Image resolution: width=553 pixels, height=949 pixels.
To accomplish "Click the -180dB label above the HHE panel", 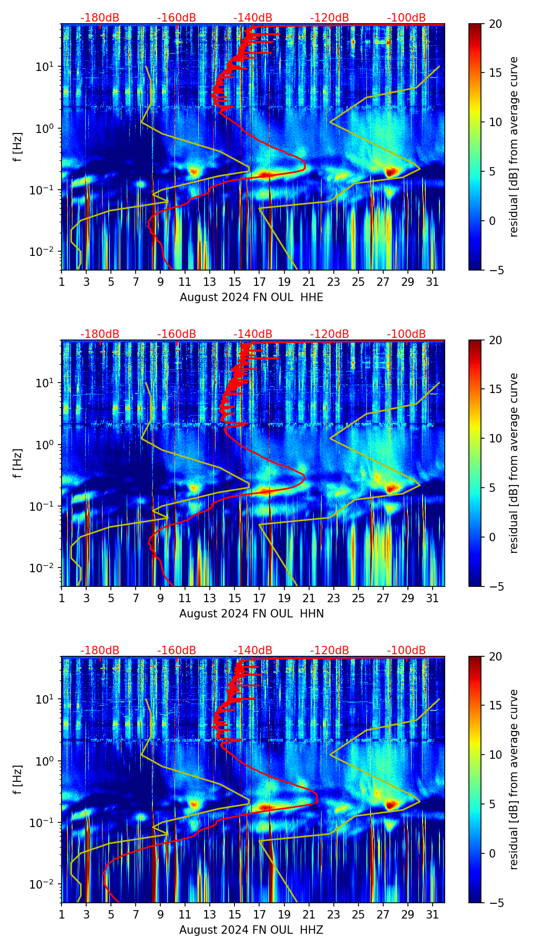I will [100, 18].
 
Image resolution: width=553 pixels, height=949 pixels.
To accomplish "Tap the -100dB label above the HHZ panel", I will [406, 651].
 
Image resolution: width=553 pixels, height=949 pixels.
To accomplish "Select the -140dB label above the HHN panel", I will [253, 334].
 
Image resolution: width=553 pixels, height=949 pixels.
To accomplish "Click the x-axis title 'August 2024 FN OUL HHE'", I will [251, 297].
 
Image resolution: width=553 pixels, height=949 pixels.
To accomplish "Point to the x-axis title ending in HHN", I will [251, 614].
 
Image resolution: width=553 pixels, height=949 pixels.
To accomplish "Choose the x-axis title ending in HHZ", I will [251, 930].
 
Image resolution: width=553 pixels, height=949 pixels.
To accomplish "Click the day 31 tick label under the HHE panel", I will [432, 282].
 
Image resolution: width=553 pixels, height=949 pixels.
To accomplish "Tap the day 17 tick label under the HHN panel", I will [259, 599].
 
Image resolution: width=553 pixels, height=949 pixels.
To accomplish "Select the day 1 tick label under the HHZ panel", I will [62, 915].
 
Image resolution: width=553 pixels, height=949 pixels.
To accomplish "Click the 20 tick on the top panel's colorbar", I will [495, 24].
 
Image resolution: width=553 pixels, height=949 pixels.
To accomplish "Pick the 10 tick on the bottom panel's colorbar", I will [495, 755].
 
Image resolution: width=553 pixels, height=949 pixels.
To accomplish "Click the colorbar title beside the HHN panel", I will [514, 463].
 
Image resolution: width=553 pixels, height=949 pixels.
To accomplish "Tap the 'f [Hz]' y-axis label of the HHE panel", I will [18, 147].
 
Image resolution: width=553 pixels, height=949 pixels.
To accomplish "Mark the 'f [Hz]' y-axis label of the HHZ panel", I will [18, 780].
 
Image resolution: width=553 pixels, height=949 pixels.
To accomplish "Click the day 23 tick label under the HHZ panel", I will [333, 915].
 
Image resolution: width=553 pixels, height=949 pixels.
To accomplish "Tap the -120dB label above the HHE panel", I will [330, 18].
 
